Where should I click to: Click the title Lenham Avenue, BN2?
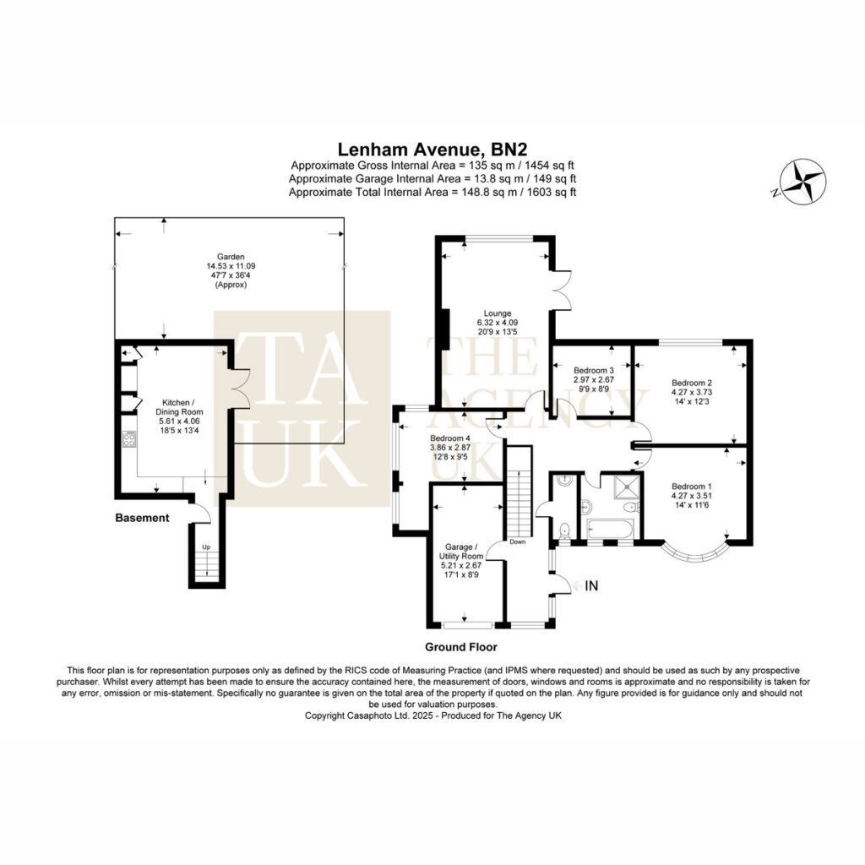432,150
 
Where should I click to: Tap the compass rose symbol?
804,182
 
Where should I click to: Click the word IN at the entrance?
591,585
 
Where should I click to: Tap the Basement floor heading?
142,518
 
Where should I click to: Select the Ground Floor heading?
460,646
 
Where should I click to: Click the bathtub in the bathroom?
609,529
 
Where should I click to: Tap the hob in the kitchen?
129,439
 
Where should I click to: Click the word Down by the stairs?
518,541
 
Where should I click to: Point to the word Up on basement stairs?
206,547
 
